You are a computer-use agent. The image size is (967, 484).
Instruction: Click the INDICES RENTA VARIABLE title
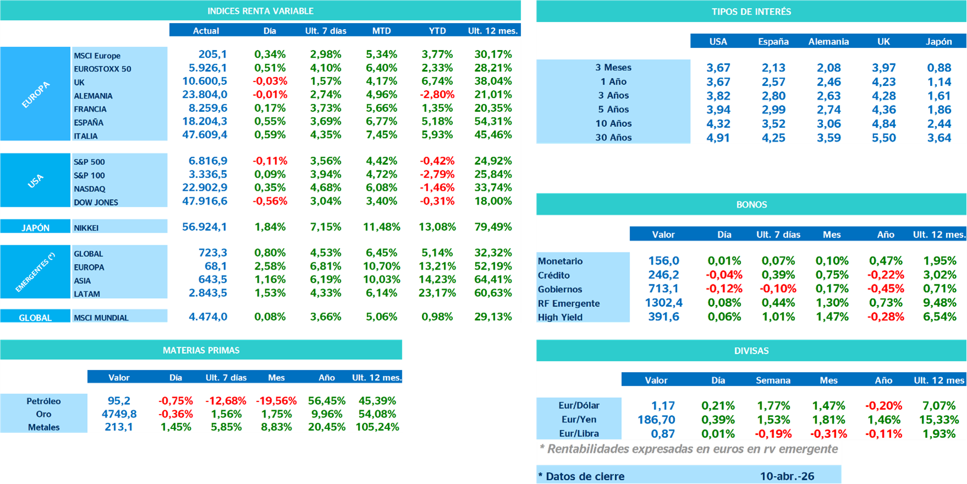(260, 11)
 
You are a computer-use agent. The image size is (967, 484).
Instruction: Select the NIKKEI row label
(86, 228)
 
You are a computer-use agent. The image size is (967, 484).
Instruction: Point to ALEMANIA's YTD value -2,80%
(437, 95)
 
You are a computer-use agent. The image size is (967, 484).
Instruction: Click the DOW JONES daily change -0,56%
(270, 201)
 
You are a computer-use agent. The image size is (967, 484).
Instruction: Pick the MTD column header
(381, 31)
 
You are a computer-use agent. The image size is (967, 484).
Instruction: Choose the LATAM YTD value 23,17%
(437, 293)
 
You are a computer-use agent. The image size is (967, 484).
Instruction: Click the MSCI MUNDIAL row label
(101, 318)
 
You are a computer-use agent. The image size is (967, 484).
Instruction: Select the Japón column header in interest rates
(938, 41)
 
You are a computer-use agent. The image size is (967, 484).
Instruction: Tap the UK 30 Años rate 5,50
(883, 138)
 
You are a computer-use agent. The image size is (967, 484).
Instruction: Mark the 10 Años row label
(613, 123)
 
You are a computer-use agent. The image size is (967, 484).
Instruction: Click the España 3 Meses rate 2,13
(773, 68)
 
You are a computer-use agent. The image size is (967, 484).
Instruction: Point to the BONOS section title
(751, 205)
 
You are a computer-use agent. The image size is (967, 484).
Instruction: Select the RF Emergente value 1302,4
(663, 303)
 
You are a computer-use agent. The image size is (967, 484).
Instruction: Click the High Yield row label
(560, 317)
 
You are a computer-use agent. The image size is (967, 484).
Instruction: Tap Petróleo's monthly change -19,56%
(276, 401)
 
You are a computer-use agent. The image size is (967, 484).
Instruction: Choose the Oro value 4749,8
(119, 414)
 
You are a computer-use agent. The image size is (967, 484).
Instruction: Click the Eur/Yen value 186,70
(656, 420)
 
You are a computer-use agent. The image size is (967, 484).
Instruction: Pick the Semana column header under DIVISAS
(773, 380)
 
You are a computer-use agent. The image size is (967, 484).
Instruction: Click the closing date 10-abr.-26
(787, 476)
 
